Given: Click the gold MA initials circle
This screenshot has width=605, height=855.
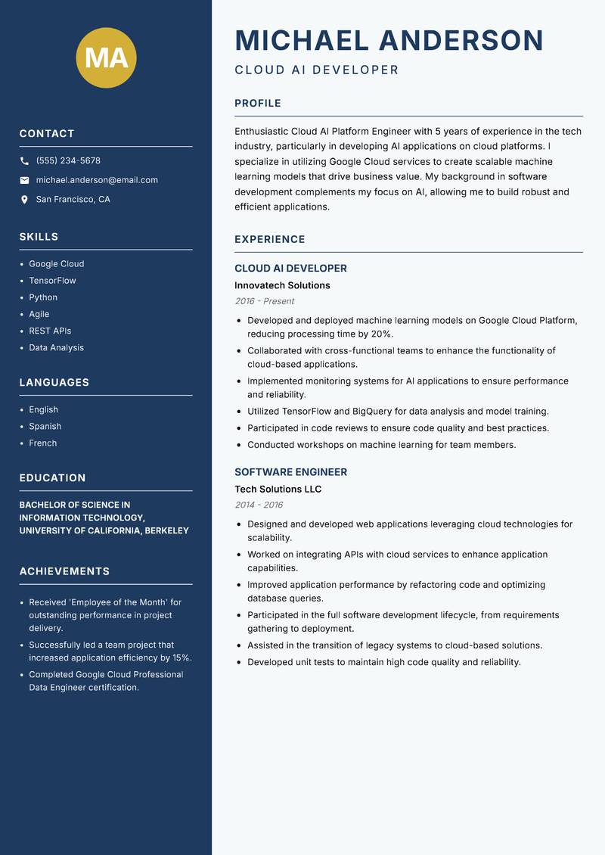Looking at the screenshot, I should click(x=107, y=58).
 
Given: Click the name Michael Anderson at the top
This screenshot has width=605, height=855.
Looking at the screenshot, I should click(x=389, y=40).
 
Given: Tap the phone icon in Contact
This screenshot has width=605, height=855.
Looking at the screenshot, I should click(x=24, y=161).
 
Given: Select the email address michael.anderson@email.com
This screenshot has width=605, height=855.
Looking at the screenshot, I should click(x=97, y=180).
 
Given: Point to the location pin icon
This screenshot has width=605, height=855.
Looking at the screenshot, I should click(x=24, y=200).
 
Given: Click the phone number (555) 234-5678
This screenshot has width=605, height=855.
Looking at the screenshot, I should click(x=68, y=161).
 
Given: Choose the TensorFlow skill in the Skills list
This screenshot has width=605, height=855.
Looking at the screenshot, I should click(x=52, y=281).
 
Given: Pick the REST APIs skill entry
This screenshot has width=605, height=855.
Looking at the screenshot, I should click(x=50, y=331).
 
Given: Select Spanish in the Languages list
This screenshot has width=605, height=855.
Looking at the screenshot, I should click(x=45, y=427).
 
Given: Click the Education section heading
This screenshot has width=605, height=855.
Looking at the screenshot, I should click(x=52, y=478).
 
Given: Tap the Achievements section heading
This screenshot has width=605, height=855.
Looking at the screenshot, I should click(x=64, y=571).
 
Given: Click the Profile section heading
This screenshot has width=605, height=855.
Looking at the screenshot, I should click(x=257, y=104).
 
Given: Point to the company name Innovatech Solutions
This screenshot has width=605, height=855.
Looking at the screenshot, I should click(x=282, y=285).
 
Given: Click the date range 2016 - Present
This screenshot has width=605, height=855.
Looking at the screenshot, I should click(x=264, y=301).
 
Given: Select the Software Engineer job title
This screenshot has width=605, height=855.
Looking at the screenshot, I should click(x=290, y=472).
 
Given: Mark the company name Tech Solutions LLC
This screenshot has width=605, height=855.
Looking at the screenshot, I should click(x=278, y=490).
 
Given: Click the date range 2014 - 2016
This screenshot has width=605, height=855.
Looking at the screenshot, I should click(x=259, y=505).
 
